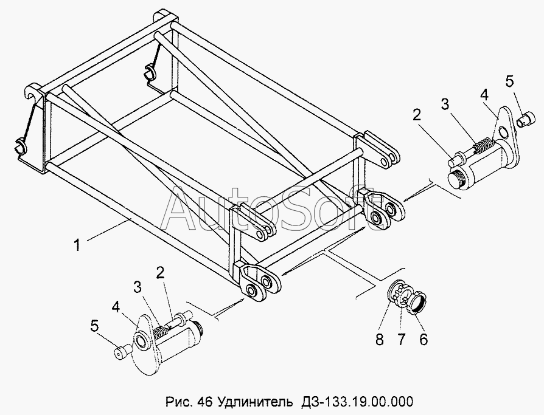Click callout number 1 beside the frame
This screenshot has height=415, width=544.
point(77,245)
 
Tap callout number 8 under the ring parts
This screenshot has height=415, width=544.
point(379,340)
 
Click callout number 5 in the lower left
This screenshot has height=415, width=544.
point(94,326)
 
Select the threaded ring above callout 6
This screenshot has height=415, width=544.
point(417,301)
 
